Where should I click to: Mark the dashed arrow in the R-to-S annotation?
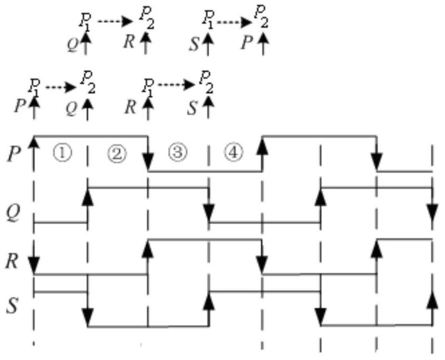pyautogui.click(x=176, y=85)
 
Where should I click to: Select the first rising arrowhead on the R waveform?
pyautogui.click(x=148, y=248)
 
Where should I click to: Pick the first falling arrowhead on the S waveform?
pyautogui.click(x=87, y=318)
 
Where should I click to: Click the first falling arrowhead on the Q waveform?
pyautogui.click(x=209, y=213)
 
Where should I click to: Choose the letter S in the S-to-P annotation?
pyautogui.click(x=193, y=43)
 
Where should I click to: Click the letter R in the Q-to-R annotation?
pyautogui.click(x=130, y=42)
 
